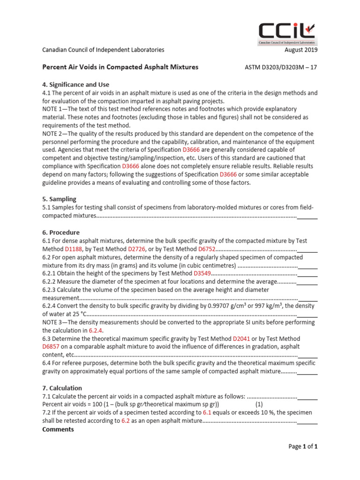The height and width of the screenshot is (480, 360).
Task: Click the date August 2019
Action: tap(301, 50)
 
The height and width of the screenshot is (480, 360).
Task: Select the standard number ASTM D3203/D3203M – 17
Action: tap(281, 67)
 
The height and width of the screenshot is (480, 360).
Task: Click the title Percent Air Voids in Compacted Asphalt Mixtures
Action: tap(120, 67)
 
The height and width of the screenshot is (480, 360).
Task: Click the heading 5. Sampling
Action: tap(59, 199)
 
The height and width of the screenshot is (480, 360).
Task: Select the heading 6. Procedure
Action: tap(61, 232)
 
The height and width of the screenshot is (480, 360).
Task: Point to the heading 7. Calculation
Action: tap(62, 388)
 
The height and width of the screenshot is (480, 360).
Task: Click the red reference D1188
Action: tap(74, 249)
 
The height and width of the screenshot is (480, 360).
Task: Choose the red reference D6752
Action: tap(207, 249)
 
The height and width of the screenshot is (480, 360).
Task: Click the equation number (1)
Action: tap(259, 405)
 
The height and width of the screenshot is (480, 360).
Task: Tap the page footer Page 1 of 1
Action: tap(303, 447)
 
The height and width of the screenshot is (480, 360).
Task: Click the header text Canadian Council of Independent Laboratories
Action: tap(103, 50)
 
